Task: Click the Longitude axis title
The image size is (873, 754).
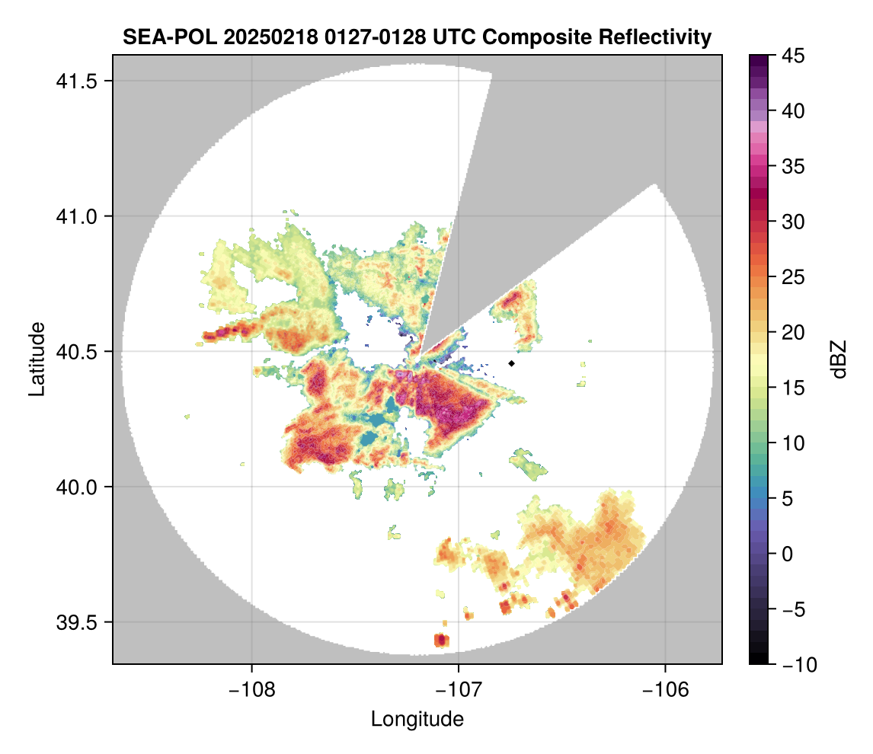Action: [x=417, y=718]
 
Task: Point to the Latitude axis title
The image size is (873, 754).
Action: [x=37, y=359]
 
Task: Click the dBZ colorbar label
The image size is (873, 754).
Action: [x=839, y=359]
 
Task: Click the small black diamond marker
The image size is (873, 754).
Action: [x=512, y=363]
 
